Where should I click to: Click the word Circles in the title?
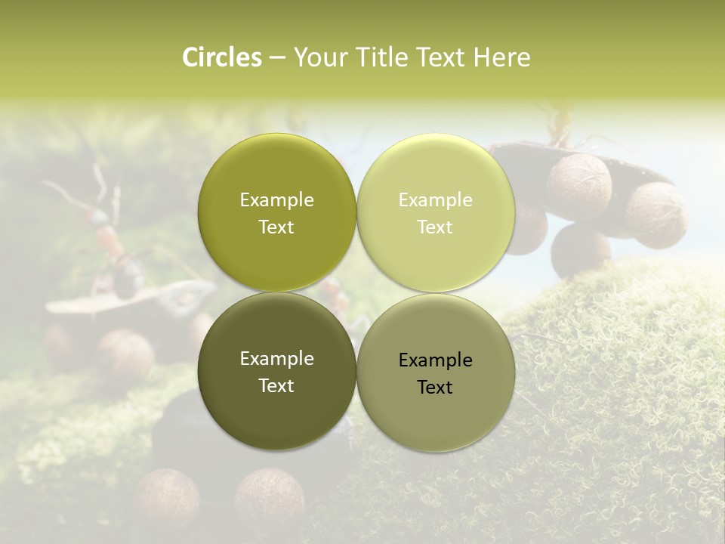click(x=222, y=57)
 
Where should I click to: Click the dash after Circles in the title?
click(x=277, y=58)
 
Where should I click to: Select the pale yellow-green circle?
click(x=436, y=212)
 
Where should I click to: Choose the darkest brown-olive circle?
click(x=276, y=371)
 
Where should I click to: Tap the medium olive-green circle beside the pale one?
click(x=276, y=212)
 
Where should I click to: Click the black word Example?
click(x=435, y=360)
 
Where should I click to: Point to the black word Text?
click(x=435, y=388)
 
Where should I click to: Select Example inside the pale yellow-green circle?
click(x=435, y=200)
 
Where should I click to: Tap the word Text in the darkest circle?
click(x=276, y=386)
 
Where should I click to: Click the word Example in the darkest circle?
click(x=276, y=359)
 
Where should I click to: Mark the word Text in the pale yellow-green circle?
click(x=435, y=227)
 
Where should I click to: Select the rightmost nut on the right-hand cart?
click(x=656, y=215)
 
